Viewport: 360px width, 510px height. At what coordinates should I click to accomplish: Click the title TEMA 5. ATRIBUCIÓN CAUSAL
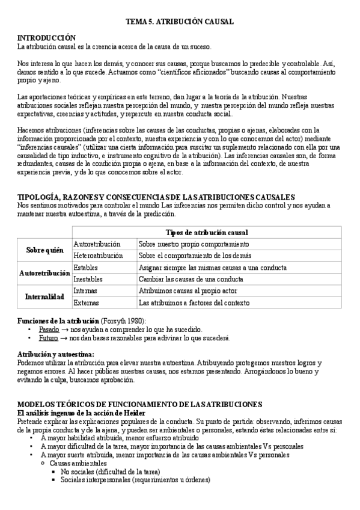179,22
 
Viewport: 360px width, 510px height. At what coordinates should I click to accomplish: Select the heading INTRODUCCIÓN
46,37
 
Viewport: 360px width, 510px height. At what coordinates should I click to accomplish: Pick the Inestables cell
89,279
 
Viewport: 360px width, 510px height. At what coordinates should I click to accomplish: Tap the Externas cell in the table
87,303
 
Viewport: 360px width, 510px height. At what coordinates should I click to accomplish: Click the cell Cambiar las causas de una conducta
191,279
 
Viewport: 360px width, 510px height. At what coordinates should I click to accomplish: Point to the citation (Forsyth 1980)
123,321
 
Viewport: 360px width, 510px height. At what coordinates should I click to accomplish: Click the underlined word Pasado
49,330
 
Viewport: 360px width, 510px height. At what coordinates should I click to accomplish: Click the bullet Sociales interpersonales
135,480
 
